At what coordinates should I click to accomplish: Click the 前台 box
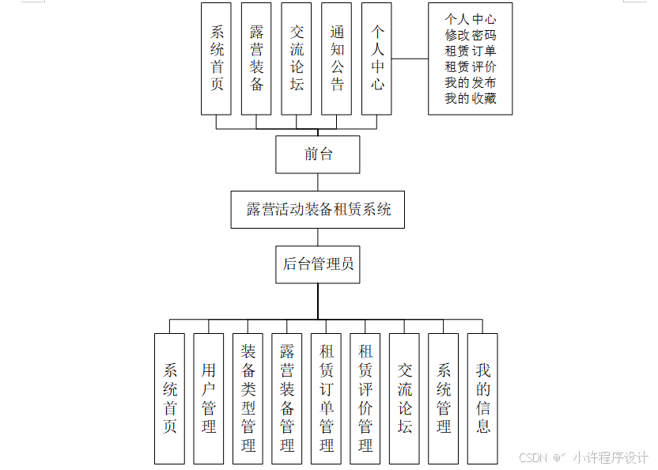pyautogui.click(x=318, y=154)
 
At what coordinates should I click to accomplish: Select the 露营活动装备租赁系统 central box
pyautogui.click(x=318, y=210)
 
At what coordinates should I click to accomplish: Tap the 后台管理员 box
pyautogui.click(x=318, y=264)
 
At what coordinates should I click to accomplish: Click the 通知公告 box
pyautogui.click(x=338, y=58)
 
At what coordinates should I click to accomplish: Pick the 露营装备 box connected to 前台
pyautogui.click(x=257, y=58)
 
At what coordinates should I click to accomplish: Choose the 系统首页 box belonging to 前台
pyautogui.click(x=217, y=58)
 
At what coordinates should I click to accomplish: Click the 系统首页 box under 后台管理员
pyautogui.click(x=169, y=397)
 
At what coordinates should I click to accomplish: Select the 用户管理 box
pyautogui.click(x=209, y=397)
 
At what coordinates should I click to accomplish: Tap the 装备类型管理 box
pyautogui.click(x=248, y=397)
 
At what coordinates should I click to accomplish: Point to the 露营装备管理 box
pyautogui.click(x=287, y=397)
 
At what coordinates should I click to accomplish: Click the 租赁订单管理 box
pyautogui.click(x=326, y=397)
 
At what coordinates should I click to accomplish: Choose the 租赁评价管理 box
pyautogui.click(x=365, y=397)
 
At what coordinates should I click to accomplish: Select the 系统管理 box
pyautogui.click(x=444, y=397)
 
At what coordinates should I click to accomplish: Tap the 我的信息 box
pyautogui.click(x=483, y=397)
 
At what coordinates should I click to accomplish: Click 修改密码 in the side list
pyautogui.click(x=471, y=35)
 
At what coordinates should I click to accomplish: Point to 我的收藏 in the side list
pyautogui.click(x=471, y=99)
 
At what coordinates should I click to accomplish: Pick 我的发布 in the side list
pyautogui.click(x=471, y=83)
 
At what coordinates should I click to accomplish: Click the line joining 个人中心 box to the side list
pyautogui.click(x=410, y=58)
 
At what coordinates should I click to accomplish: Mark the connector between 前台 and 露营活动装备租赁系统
pyautogui.click(x=318, y=182)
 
